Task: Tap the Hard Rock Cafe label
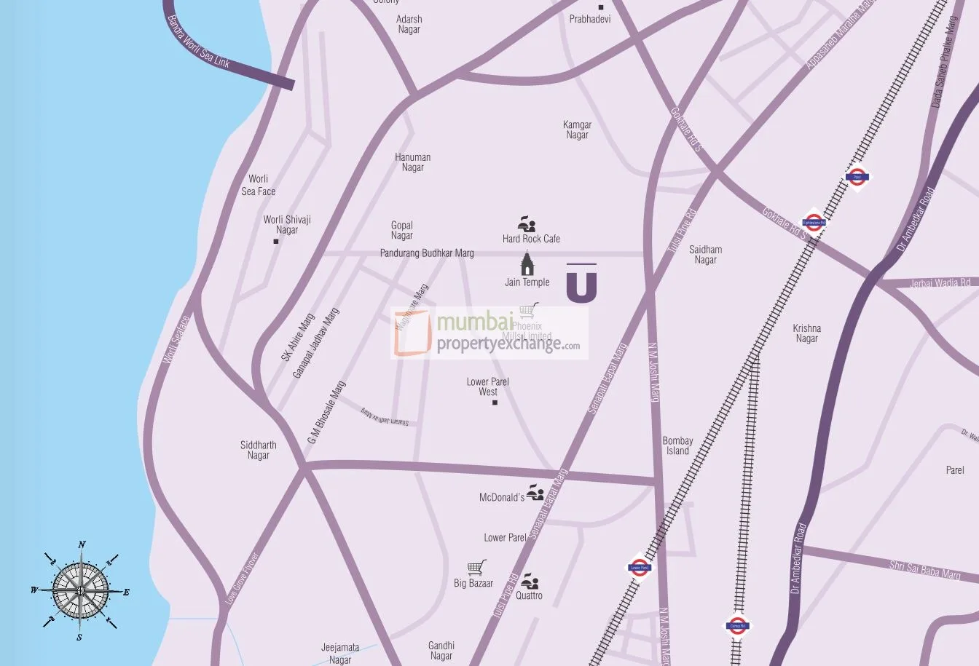531,239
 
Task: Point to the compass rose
81,590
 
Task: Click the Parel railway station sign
857,177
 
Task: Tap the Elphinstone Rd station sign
814,223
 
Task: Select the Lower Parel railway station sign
639,568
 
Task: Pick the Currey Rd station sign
737,625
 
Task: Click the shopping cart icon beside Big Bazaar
476,568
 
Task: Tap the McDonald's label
502,498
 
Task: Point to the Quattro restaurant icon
531,582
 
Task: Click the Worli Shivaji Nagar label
287,224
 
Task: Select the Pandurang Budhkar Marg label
427,253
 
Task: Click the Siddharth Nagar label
259,450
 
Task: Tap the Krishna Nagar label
806,333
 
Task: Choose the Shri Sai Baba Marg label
924,570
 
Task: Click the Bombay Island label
677,445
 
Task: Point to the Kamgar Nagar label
577,130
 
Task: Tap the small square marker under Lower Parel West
495,402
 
